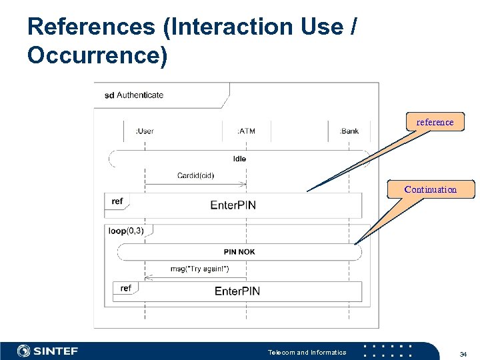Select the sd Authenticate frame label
[134, 95]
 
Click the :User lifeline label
[145, 131]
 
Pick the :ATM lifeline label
[246, 131]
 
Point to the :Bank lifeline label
[349, 131]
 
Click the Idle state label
[239, 159]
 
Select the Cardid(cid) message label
[195, 175]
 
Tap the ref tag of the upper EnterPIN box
[117, 201]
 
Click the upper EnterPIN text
[233, 205]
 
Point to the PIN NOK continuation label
[239, 252]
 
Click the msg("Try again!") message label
[199, 269]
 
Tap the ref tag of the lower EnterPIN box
[126, 288]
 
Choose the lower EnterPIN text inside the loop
[237, 291]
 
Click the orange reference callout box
[435, 122]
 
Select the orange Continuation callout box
[431, 189]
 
